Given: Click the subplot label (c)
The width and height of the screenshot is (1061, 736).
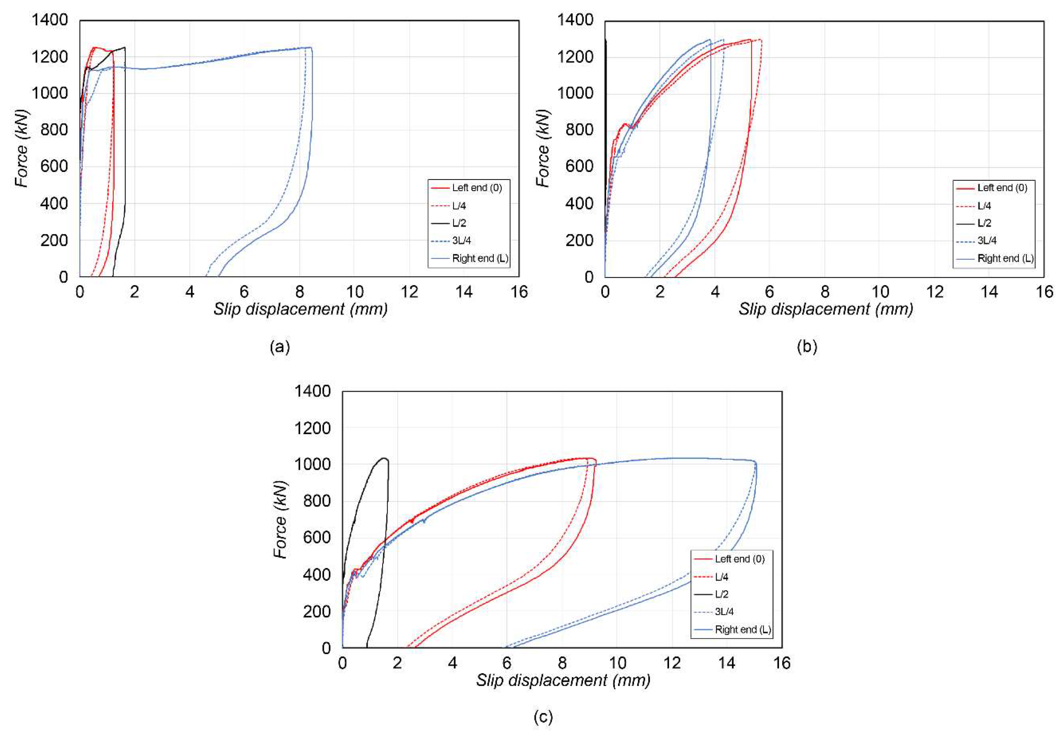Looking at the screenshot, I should click(x=543, y=717).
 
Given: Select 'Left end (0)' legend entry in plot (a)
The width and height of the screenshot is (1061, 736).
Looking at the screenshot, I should click(x=476, y=188).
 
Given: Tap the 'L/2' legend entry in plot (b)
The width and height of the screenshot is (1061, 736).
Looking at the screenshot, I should click(x=984, y=223).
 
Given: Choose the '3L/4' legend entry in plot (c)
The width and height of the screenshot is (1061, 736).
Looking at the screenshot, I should click(x=724, y=612).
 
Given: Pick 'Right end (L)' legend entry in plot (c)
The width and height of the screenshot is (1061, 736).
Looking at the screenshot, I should click(x=742, y=629).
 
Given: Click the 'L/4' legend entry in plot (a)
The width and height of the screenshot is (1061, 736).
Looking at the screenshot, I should click(x=459, y=206).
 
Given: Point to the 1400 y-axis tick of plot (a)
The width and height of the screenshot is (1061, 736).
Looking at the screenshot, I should click(x=49, y=20).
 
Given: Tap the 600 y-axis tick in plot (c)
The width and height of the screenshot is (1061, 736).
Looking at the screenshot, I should click(x=317, y=537).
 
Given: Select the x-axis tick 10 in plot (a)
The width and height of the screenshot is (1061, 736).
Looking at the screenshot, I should click(x=354, y=292).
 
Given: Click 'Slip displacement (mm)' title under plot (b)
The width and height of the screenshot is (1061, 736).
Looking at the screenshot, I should click(x=825, y=309).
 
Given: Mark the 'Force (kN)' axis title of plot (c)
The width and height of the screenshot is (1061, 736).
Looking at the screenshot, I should click(x=280, y=519).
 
